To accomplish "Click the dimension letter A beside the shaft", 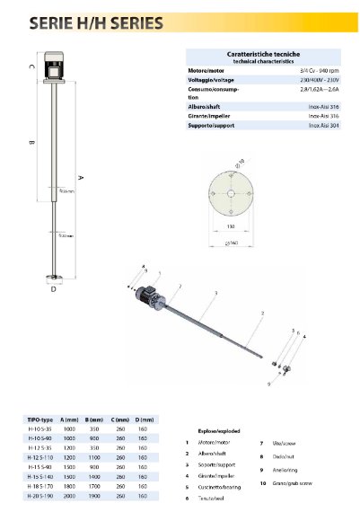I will point(80,177).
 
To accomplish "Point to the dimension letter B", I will point(31,142).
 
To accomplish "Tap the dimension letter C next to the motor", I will point(31,66).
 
